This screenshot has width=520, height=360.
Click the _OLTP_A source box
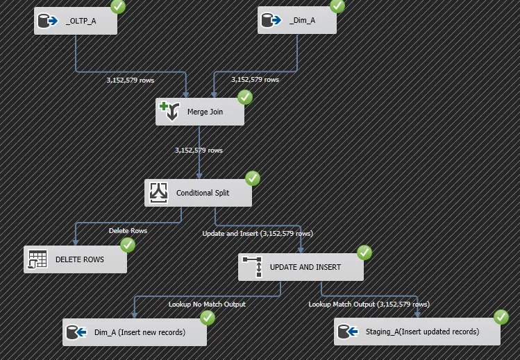pyautogui.click(x=76, y=21)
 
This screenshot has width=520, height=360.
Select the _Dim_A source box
pyautogui.click(x=297, y=20)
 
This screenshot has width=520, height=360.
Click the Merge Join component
pyautogui.click(x=200, y=112)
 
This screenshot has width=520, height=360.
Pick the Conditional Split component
pyautogui.click(x=198, y=193)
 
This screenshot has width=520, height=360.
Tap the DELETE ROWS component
pyautogui.click(x=75, y=259)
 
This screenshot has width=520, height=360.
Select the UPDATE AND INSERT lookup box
pyautogui.click(x=301, y=267)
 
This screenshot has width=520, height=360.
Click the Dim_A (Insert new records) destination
pyautogui.click(x=135, y=332)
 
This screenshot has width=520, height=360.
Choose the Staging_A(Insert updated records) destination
pyautogui.click(x=417, y=332)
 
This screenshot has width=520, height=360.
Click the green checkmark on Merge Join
pyautogui.click(x=245, y=97)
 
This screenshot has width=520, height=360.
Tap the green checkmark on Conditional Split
pyautogui.click(x=253, y=178)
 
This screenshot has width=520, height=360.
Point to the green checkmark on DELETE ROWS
pyautogui.click(x=128, y=245)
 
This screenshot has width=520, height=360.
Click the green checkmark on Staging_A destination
pyautogui.click(x=501, y=317)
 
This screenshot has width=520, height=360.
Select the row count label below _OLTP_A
pyautogui.click(x=131, y=80)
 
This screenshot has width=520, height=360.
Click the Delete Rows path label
pyautogui.click(x=128, y=230)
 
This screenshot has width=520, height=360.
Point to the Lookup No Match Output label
pyautogui.click(x=208, y=304)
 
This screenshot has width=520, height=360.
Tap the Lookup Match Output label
pyautogui.click(x=369, y=304)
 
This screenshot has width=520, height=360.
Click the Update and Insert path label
pyautogui.click(x=258, y=234)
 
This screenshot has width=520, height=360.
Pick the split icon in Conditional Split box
pyautogui.click(x=158, y=192)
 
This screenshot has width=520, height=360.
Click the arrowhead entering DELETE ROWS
pyautogui.click(x=76, y=243)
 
